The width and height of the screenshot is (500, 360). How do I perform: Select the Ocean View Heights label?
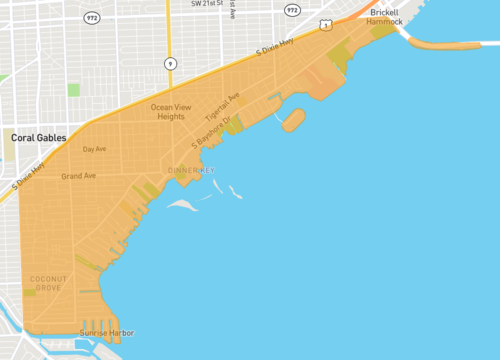click(x=167, y=111)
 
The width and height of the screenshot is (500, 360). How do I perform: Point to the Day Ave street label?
click(x=94, y=149)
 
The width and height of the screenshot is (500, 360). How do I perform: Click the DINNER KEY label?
click(x=192, y=170)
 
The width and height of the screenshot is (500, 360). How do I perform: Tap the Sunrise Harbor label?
click(x=107, y=333)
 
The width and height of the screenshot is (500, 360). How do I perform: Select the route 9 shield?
click(x=170, y=63)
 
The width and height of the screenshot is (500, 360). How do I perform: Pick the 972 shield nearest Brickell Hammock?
click(x=292, y=9)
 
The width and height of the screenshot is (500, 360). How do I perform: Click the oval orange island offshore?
click(x=293, y=120)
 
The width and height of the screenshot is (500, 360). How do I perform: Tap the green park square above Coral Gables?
click(x=73, y=90)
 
